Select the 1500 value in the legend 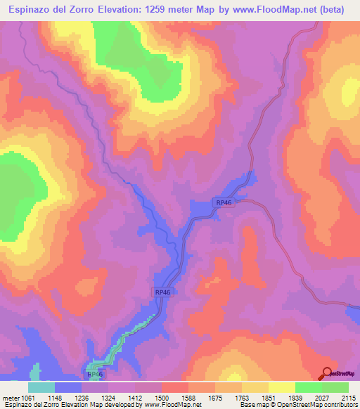tap(162, 397)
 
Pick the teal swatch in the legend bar tap(41, 387)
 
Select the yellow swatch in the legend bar tap(281, 387)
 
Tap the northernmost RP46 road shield tap(224, 202)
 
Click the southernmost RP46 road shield tap(96, 376)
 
